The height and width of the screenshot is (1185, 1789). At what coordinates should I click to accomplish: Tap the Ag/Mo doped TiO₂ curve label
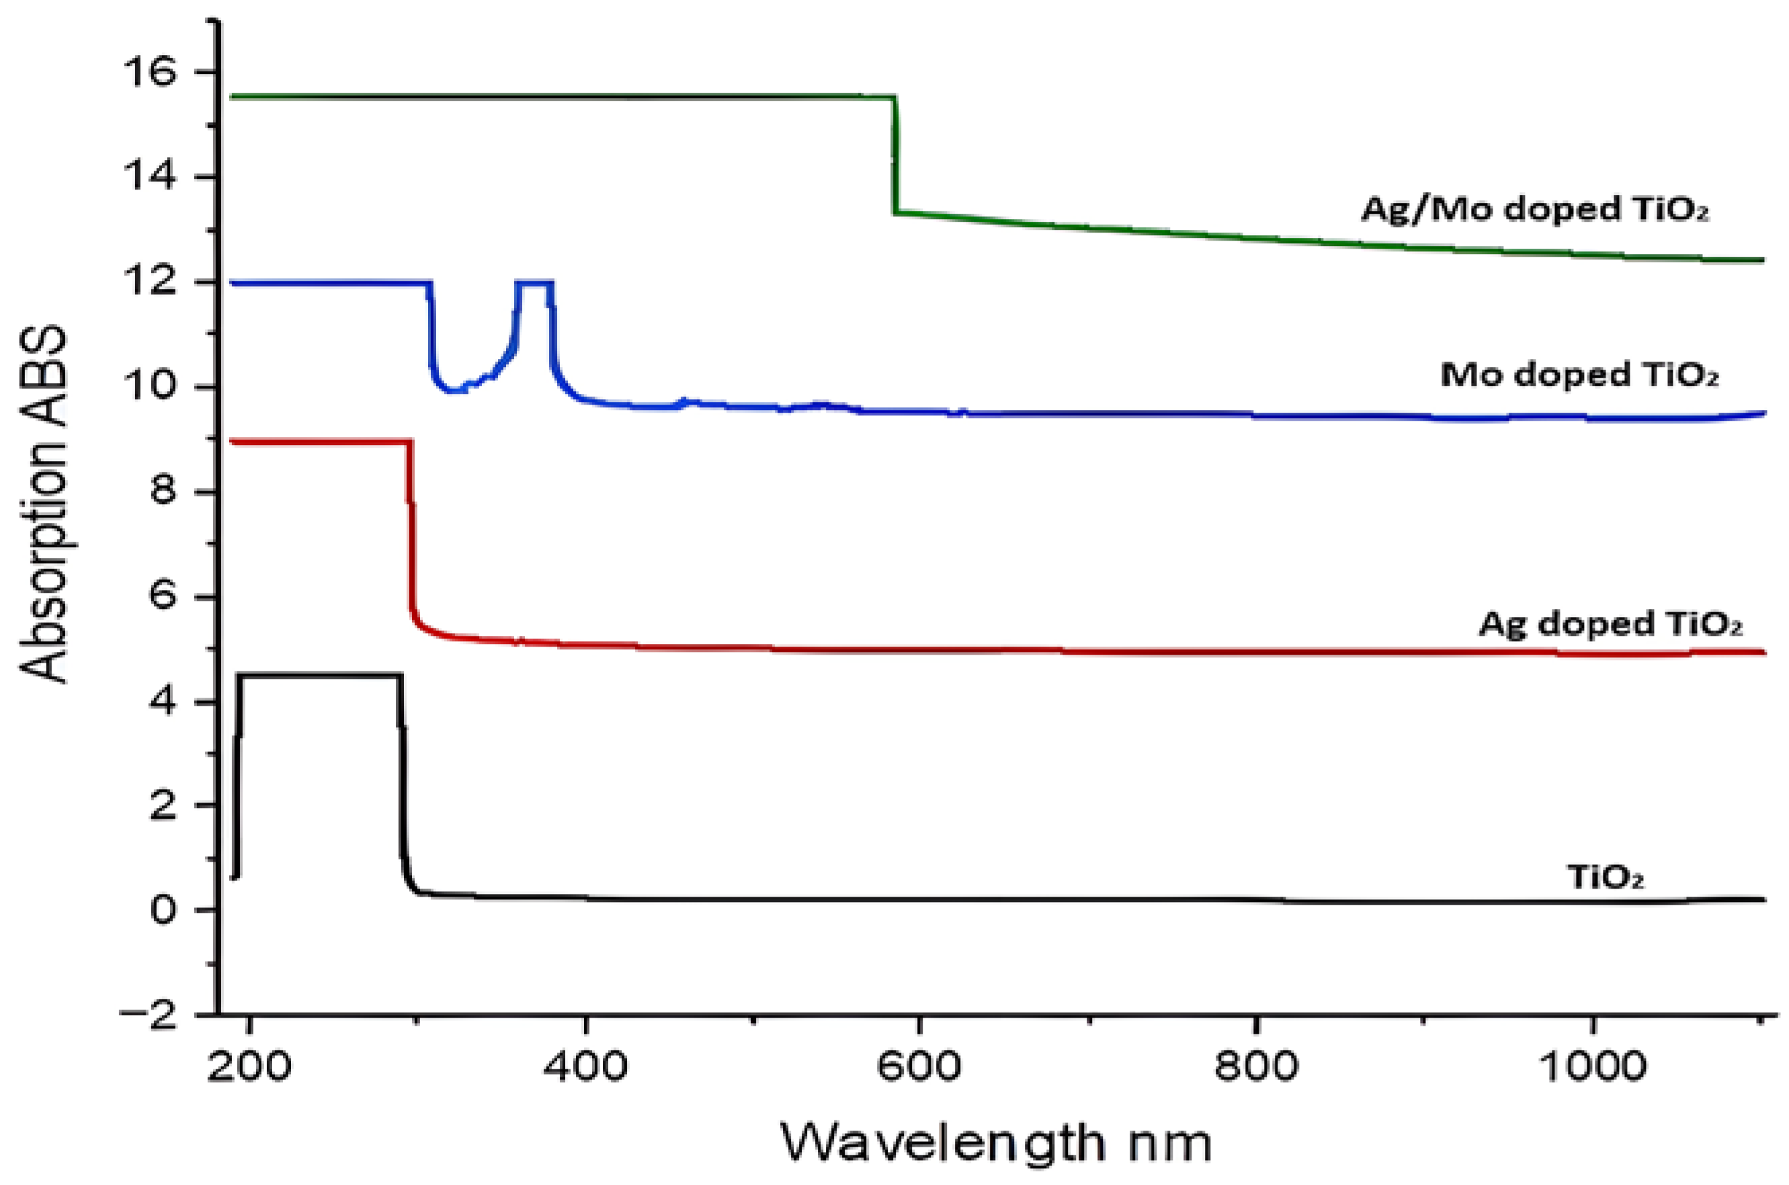1534,209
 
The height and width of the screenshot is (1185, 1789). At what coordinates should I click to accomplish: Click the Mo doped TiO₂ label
1579,375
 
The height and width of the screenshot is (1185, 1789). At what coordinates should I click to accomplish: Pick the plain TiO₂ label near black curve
1606,877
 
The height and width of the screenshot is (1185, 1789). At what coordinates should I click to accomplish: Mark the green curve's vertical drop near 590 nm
895,155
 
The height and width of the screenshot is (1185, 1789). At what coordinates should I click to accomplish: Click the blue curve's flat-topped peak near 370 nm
535,283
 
